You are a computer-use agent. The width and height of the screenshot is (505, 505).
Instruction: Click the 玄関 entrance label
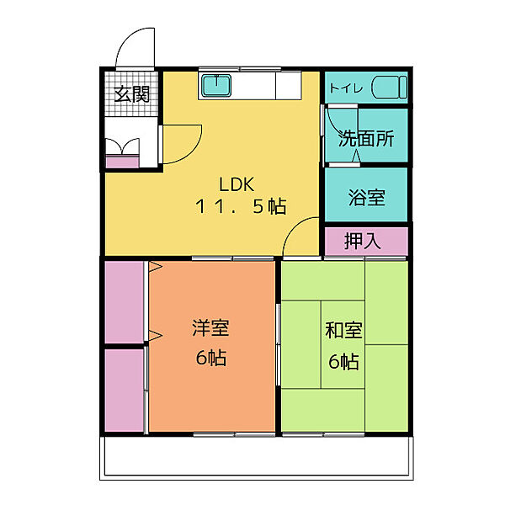pyautogui.click(x=132, y=94)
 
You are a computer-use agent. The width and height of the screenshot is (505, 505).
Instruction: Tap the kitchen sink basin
pyautogui.click(x=216, y=85)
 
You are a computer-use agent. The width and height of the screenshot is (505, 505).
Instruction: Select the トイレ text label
pyautogui.click(x=342, y=88)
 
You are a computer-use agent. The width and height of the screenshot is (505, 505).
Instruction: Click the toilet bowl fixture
pyautogui.click(x=390, y=87)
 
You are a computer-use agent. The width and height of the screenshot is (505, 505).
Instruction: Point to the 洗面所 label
pyautogui.click(x=366, y=139)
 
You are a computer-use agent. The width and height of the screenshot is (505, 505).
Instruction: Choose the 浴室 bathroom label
pyautogui.click(x=367, y=197)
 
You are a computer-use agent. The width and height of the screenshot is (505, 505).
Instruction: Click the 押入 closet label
pyautogui.click(x=363, y=241)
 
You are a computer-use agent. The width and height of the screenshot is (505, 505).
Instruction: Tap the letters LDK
pyautogui.click(x=237, y=184)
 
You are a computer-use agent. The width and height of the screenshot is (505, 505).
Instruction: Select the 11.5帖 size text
pyautogui.click(x=241, y=206)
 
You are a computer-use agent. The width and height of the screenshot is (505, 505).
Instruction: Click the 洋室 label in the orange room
pyautogui.click(x=210, y=328)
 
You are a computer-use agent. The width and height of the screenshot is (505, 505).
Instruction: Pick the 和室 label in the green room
pyautogui.click(x=343, y=330)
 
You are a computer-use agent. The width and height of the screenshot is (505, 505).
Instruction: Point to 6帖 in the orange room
pyautogui.click(x=211, y=357)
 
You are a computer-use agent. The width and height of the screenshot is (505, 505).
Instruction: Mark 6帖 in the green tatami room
pyautogui.click(x=343, y=361)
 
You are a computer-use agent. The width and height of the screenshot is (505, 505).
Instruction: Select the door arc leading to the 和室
pyautogui.click(x=294, y=226)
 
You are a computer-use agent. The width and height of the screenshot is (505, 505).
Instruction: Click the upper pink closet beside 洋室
pyautogui.click(x=125, y=302)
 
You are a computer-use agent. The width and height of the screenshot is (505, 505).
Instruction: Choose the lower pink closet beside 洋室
pyautogui.click(x=125, y=391)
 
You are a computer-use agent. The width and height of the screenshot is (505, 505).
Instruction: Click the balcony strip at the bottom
pyautogui.click(x=257, y=457)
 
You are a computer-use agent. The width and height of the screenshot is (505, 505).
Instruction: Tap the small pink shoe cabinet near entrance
pyautogui.click(x=122, y=161)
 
